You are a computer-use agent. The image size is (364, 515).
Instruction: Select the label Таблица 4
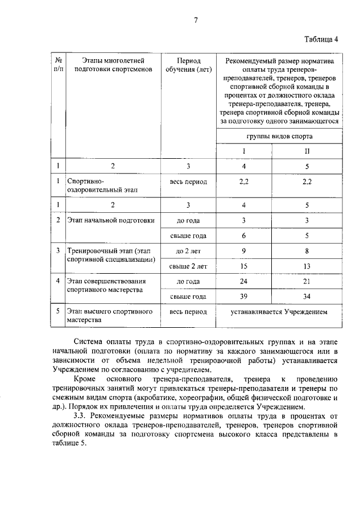click(321, 39)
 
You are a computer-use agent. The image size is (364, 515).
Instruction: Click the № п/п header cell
click(57, 65)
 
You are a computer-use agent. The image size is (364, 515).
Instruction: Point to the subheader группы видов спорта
click(279, 137)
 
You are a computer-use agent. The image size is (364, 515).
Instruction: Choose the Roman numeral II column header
click(307, 152)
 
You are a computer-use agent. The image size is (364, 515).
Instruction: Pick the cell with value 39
click(243, 296)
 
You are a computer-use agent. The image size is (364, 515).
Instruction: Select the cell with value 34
click(307, 296)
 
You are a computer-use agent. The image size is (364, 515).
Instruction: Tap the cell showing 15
click(243, 266)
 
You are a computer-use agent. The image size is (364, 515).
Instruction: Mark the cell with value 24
click(243, 281)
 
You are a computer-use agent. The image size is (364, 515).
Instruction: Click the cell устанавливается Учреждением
click(279, 312)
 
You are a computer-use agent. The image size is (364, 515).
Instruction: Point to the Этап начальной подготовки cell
click(111, 220)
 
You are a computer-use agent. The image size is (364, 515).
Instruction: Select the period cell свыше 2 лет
click(188, 266)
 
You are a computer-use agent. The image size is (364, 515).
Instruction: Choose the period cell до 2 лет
click(188, 250)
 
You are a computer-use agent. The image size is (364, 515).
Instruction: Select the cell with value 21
click(307, 281)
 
